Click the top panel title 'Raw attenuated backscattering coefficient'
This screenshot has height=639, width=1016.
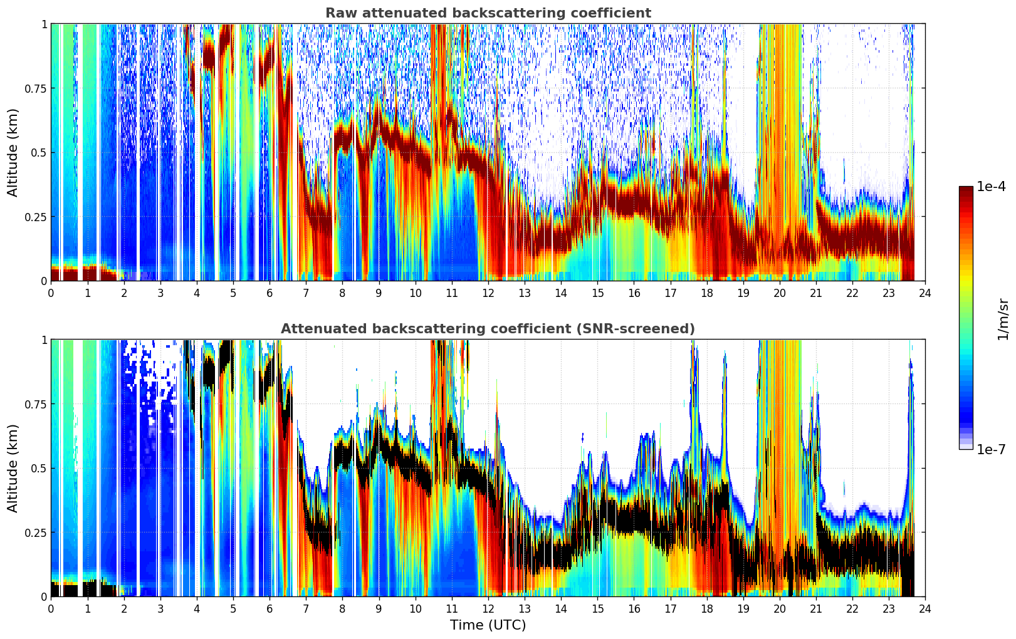[488, 13]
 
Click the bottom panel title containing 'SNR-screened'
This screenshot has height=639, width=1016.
[488, 328]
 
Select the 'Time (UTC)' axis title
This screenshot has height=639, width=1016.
[488, 625]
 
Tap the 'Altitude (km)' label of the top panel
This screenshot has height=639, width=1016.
[13, 153]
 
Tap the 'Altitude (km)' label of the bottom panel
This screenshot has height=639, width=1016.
[13, 469]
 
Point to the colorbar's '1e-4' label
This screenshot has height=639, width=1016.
[992, 186]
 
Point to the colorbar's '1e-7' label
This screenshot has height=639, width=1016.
[992, 450]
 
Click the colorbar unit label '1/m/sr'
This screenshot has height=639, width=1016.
[1003, 319]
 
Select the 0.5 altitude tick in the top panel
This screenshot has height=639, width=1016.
[38, 153]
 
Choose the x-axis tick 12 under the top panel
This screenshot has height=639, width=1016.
[488, 293]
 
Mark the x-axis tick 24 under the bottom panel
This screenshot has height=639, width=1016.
[925, 609]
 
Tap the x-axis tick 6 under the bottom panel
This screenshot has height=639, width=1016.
[270, 609]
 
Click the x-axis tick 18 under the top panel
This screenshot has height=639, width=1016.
[706, 293]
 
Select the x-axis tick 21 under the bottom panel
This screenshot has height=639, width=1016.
[816, 609]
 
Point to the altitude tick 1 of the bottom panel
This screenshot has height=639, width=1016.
[45, 340]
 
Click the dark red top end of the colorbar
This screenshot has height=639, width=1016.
[966, 189]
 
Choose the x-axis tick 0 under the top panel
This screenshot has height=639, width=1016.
[51, 293]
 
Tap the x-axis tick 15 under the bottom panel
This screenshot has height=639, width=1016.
[597, 609]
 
